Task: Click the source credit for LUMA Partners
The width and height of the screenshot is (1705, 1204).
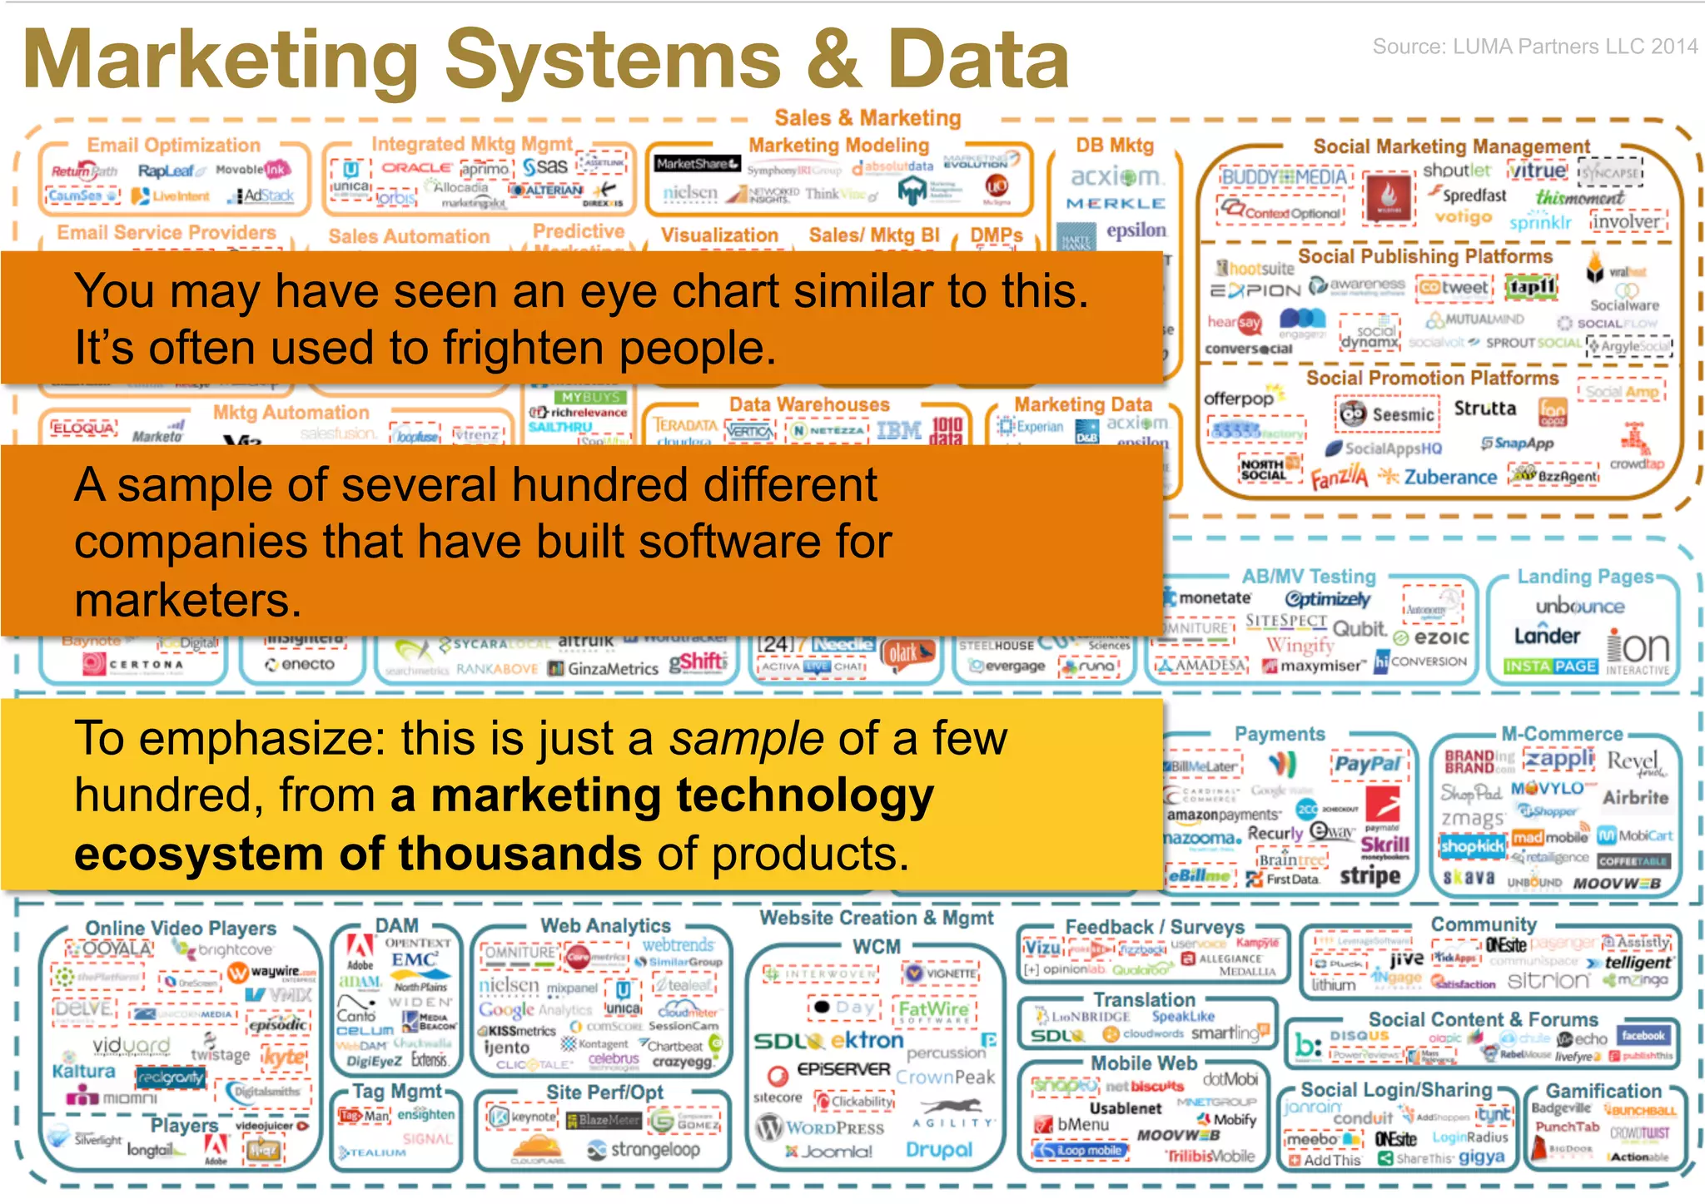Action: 1534,47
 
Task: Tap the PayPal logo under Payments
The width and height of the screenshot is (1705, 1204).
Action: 1367,764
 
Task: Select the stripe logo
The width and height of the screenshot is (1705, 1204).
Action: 1369,875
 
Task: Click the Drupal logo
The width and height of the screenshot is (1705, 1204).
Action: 938,1149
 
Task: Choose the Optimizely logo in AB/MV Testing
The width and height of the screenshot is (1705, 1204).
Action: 1327,600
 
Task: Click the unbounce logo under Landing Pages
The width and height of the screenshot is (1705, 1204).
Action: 1579,607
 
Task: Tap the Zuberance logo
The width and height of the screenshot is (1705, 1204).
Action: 1449,477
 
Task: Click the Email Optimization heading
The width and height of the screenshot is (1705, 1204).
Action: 173,146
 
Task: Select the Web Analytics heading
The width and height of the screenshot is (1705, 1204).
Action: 605,925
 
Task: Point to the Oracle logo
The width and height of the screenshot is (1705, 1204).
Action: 416,167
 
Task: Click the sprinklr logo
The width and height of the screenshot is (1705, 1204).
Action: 1539,222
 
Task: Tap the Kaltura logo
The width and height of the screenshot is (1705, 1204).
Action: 83,1071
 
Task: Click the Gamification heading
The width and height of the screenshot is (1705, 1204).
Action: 1603,1091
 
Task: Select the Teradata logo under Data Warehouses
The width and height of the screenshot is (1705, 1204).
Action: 684,425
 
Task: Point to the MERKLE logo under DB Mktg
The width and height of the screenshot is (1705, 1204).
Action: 1116,204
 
